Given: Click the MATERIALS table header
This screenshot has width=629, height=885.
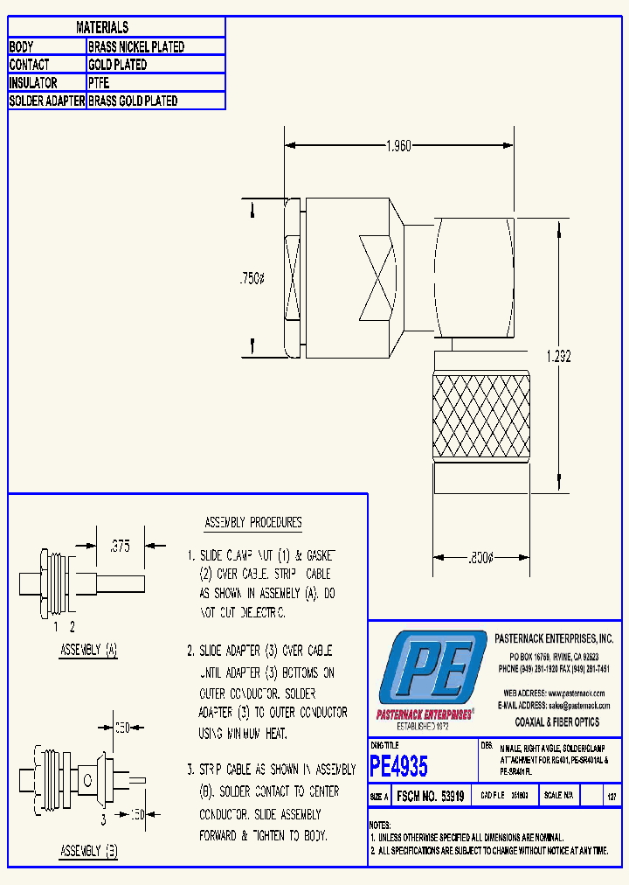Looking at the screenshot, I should [102, 28].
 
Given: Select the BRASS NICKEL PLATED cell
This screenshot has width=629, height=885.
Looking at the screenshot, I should [136, 47].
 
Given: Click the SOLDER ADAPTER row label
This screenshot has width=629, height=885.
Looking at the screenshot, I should [46, 101].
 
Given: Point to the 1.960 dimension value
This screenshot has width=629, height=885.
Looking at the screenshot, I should [397, 146].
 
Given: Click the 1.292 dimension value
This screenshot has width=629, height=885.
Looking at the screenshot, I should [559, 356].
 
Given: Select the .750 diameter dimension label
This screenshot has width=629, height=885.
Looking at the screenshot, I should [252, 279].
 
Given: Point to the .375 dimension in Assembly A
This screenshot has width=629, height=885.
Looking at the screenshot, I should [119, 547].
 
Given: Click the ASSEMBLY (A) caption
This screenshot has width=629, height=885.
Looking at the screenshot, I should [88, 650].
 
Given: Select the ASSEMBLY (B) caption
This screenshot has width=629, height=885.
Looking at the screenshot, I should [88, 850].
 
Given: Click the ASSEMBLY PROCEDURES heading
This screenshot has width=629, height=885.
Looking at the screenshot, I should [252, 523].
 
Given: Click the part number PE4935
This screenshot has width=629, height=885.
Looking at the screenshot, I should [399, 767].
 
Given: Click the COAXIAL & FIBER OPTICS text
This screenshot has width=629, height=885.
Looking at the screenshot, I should [556, 722].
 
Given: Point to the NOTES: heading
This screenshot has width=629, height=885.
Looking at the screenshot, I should [380, 825].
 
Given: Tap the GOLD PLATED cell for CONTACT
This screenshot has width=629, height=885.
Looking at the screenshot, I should [118, 65].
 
